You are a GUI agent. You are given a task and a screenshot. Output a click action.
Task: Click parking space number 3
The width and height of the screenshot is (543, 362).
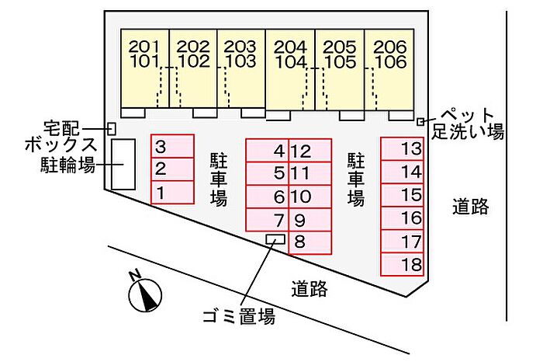tap(172, 146)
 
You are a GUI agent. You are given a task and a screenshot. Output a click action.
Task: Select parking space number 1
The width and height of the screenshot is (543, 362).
tap(172, 193)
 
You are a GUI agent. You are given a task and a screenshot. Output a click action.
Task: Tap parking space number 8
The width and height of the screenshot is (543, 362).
tap(310, 242)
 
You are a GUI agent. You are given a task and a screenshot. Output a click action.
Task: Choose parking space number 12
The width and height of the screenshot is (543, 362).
tap(310, 151)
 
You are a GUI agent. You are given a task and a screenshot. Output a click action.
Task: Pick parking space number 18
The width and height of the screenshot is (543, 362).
tap(402, 265)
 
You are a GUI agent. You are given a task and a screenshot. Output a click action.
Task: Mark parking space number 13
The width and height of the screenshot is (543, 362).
tap(402, 149)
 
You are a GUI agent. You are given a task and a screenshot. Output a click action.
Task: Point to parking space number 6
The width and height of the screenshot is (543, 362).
tap(267, 197)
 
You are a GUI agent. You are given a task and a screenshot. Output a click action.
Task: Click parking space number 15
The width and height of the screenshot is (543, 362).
tap(402, 195)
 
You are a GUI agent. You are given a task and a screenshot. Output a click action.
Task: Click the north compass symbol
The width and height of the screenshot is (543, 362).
tap(145, 294)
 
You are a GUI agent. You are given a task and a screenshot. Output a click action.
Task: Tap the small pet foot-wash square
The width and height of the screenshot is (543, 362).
tap(420, 122)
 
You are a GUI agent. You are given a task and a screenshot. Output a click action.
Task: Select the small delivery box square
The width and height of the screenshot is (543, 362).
tap(111, 129)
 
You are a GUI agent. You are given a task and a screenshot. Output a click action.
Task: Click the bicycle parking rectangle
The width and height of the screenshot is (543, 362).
tap(123, 165)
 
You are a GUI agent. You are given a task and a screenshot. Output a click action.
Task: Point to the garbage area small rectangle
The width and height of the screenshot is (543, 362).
tap(275, 239)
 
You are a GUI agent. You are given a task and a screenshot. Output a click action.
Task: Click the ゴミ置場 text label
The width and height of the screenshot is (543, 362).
tap(239, 316)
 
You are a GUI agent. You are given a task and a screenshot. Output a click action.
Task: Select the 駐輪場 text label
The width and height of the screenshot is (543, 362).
tap(67, 165)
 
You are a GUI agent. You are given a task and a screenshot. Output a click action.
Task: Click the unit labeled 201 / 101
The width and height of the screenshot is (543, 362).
tap(145, 68)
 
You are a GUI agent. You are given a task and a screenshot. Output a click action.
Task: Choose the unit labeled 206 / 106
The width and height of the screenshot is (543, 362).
tap(389, 70)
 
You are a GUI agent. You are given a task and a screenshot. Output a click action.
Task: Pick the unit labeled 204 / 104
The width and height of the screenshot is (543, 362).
tap(291, 70)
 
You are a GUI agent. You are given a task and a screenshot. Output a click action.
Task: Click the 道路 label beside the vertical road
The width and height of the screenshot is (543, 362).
tap(470, 207)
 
